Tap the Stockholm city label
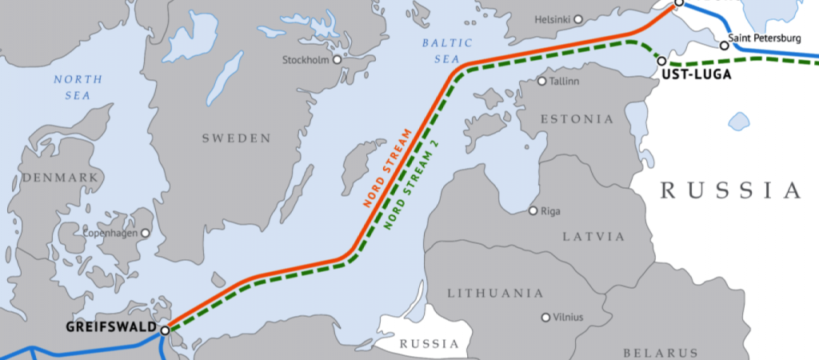click(x=307, y=60)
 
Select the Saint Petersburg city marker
click(x=725, y=46)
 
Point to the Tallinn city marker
click(x=542, y=82)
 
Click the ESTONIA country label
click(x=577, y=119)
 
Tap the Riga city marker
click(x=533, y=211)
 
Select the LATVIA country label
click(x=593, y=237)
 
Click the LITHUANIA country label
click(x=495, y=293)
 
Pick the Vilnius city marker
click(x=546, y=318)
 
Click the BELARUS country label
click(x=661, y=352)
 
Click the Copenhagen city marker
click(x=146, y=233)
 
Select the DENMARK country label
click(x=60, y=177)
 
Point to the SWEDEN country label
click(x=236, y=138)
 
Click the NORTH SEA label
click(x=78, y=87)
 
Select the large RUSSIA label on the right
click(x=729, y=190)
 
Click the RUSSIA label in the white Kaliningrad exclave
click(x=429, y=345)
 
